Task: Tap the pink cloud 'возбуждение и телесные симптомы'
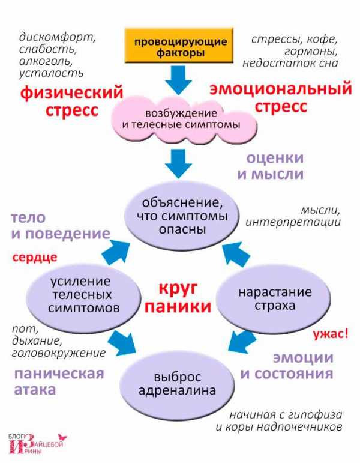coord(184,120)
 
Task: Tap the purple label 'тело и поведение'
coord(59,226)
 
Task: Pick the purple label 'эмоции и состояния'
coord(287,366)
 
